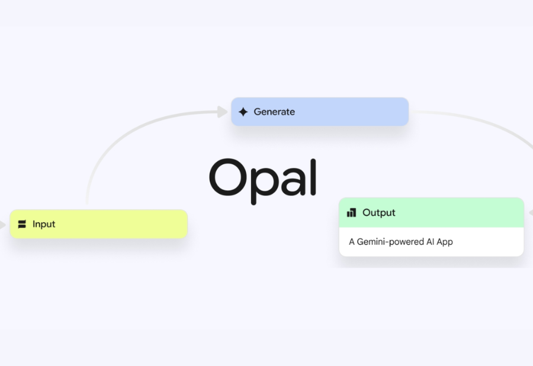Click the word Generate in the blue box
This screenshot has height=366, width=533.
(274, 112)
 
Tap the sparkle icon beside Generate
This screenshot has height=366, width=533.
(243, 112)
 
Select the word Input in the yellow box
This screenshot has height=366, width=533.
(44, 224)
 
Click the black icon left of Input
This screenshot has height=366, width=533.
(23, 224)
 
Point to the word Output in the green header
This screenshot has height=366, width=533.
(379, 212)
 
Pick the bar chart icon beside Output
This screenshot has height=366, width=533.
(352, 212)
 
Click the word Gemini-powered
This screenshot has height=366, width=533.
(391, 241)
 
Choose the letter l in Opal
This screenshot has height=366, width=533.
(313, 176)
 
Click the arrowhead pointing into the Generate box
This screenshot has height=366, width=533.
(223, 112)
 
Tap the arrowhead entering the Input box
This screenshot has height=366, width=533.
(4, 225)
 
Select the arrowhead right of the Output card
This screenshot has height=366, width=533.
(530, 213)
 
